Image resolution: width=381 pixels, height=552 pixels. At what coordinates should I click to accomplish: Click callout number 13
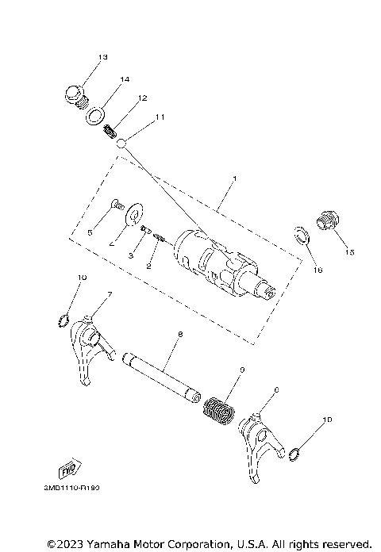coord(102,57)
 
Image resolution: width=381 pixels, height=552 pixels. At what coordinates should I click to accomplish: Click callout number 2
coord(148,266)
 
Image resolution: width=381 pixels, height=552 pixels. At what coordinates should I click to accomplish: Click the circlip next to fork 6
coord(294,454)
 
